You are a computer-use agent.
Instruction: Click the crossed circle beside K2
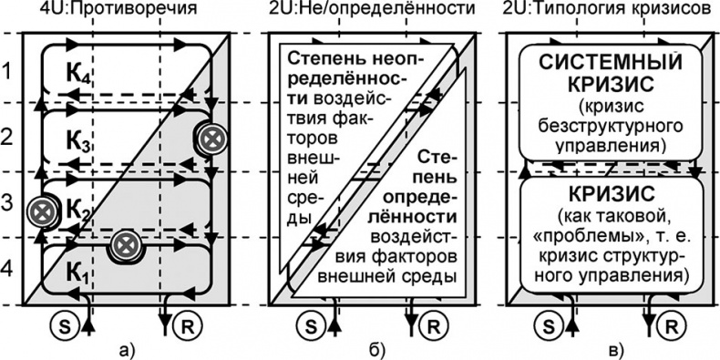40,211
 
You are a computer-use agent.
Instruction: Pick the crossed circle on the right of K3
210,139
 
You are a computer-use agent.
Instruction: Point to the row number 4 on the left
8,271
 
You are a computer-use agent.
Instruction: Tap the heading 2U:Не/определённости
373,10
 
